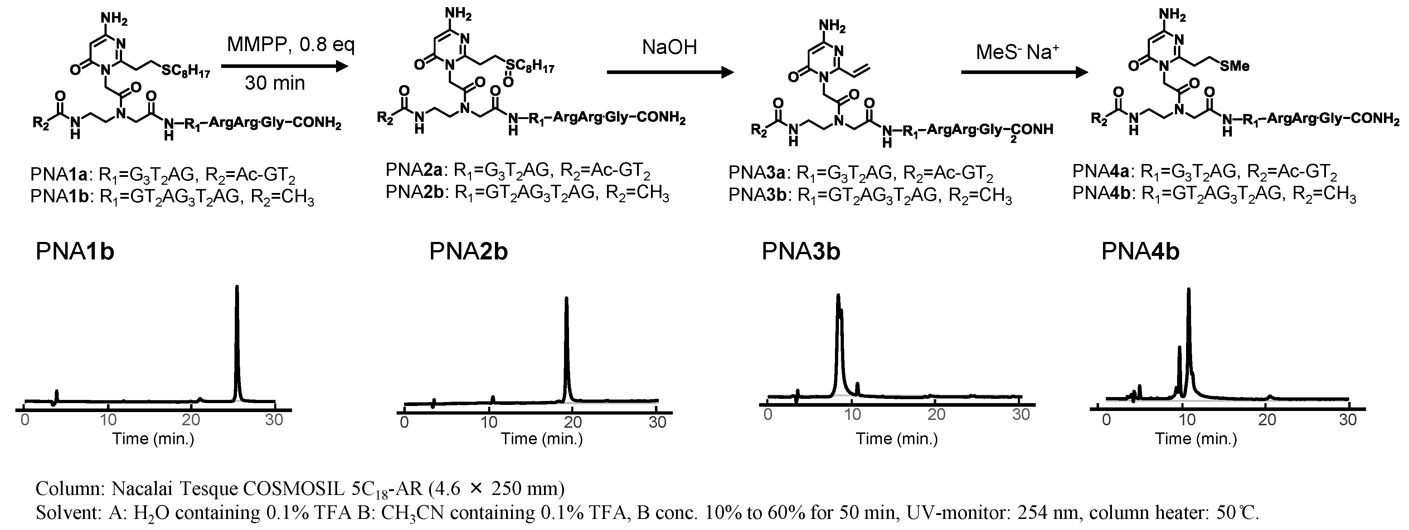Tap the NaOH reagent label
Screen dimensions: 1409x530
point(670,48)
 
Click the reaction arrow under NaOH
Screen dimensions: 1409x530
point(670,73)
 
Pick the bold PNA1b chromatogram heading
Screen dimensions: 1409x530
point(75,252)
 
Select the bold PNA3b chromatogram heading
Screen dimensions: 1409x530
point(801,252)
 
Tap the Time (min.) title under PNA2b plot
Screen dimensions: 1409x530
point(541,439)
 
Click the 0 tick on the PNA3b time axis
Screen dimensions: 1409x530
point(768,415)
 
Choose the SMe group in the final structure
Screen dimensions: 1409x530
point(1234,66)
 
